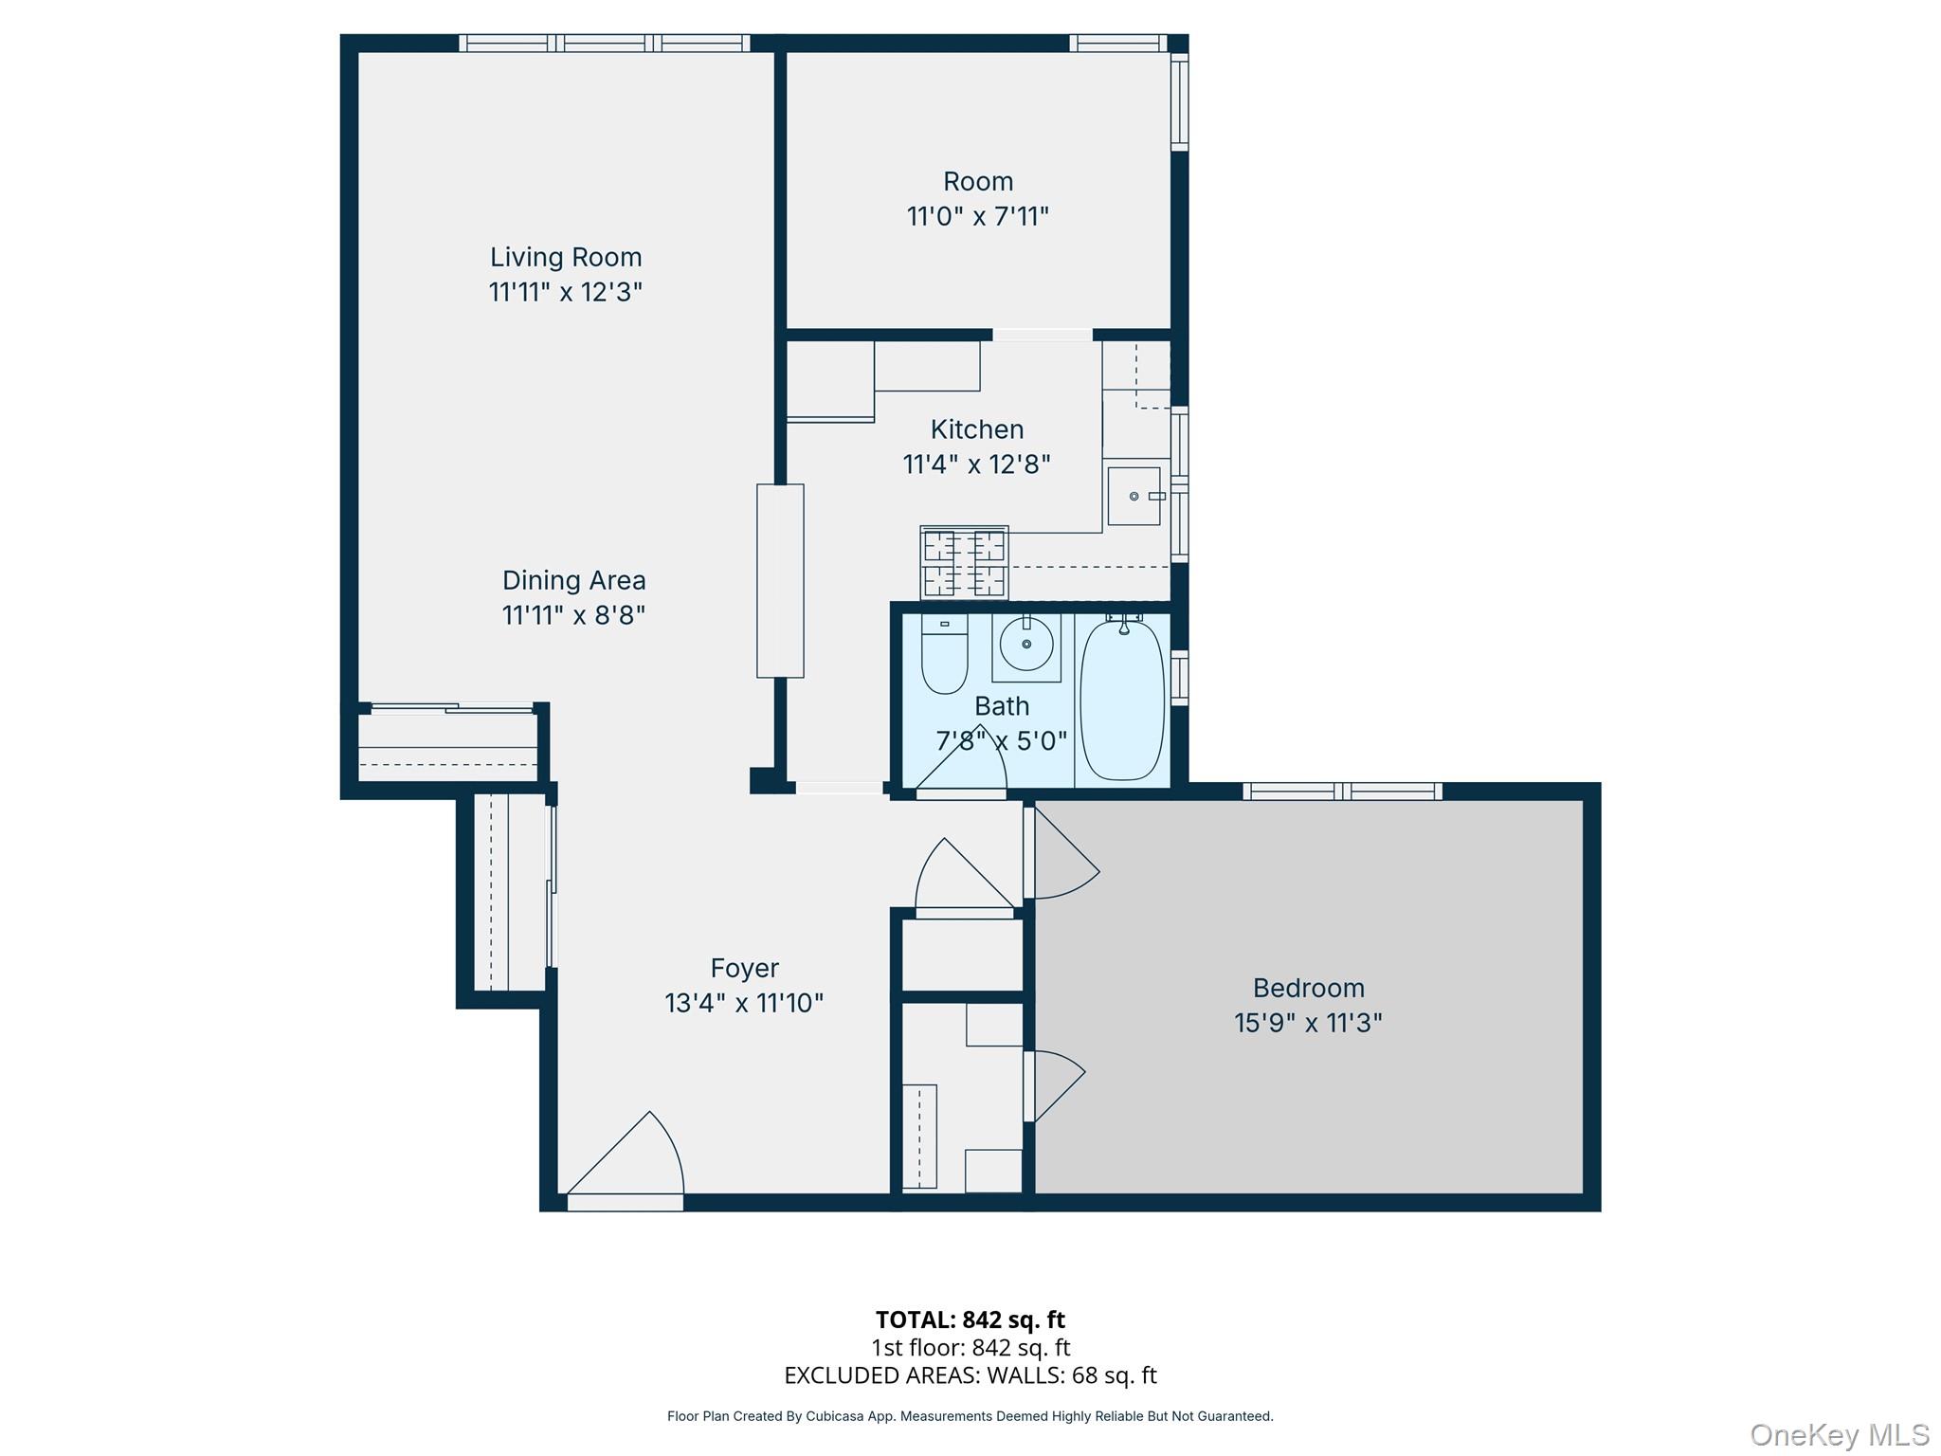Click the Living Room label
566,257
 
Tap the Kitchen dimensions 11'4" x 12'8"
976,464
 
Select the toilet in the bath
944,654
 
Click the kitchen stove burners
964,563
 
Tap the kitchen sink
1134,496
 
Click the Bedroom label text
1308,988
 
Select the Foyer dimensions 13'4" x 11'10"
744,1003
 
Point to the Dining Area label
573,580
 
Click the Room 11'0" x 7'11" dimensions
977,217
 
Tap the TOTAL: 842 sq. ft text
970,1319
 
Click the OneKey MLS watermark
1839,1434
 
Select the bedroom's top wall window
1342,792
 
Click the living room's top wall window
605,43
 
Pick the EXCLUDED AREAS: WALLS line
970,1375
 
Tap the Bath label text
1001,706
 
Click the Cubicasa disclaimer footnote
970,1416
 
